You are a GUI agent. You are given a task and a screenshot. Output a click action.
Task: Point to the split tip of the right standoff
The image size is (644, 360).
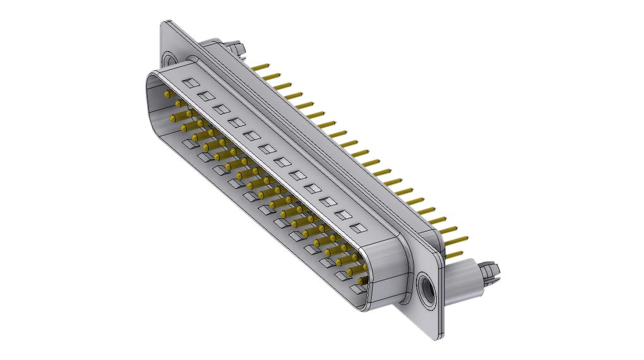(x=491, y=270)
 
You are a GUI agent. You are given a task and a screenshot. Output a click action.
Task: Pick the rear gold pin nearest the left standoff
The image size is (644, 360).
(x=260, y=66)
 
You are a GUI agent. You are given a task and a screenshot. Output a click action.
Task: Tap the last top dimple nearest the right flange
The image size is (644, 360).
(x=357, y=228)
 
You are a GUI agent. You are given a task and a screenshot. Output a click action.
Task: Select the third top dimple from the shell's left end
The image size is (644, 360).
(x=221, y=109)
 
